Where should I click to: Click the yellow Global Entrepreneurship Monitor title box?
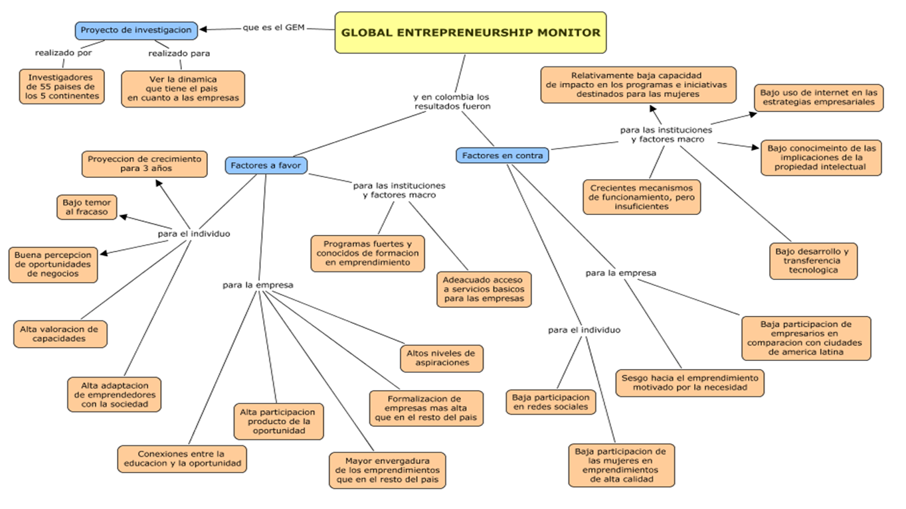[470, 33]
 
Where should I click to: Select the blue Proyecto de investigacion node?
[136, 30]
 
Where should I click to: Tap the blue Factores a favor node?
[266, 165]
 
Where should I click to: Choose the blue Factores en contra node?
[502, 156]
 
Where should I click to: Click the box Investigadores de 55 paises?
[61, 86]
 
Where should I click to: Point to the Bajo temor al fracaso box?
[87, 206]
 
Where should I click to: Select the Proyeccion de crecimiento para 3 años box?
[145, 164]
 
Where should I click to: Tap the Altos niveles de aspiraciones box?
[442, 358]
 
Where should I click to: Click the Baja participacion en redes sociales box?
[551, 401]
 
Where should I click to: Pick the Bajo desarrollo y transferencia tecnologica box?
[814, 261]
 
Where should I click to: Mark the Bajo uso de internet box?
[819, 98]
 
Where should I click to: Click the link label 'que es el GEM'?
[274, 27]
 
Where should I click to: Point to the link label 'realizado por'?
[63, 53]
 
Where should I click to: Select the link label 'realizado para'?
[179, 53]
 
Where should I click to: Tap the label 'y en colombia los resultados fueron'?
[452, 102]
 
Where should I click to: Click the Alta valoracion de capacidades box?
[58, 334]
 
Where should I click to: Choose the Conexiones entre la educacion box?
[182, 459]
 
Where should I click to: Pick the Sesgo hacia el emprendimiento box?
[689, 382]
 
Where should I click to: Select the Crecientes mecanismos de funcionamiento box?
[641, 197]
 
